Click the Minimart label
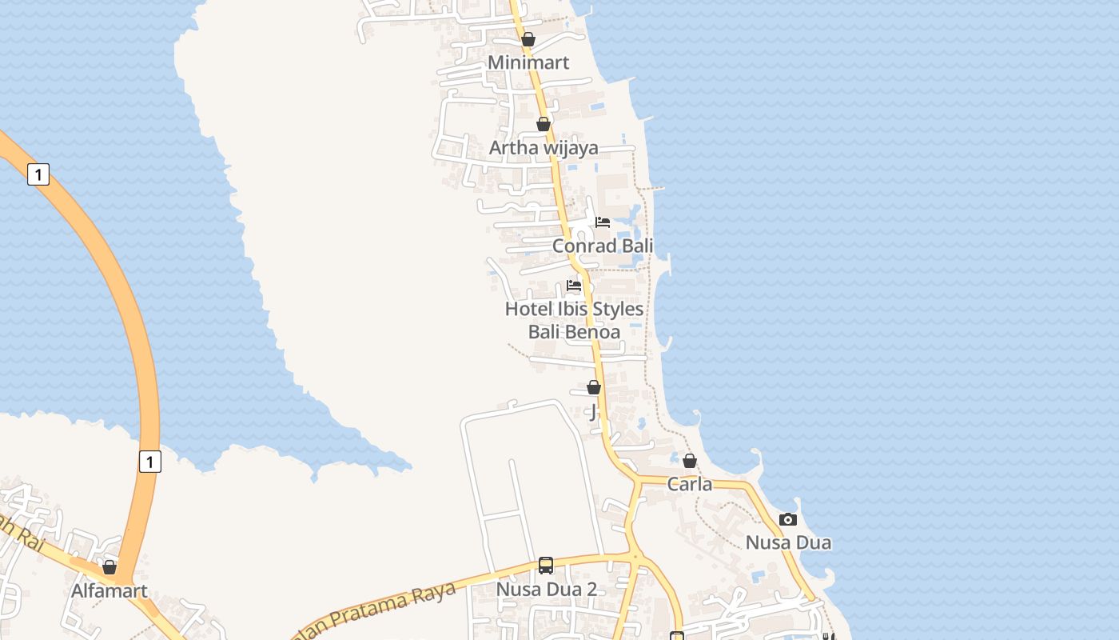(x=528, y=62)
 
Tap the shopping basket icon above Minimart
(x=528, y=39)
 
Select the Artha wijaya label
(x=544, y=148)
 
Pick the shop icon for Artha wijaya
(x=544, y=124)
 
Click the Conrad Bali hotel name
(x=603, y=246)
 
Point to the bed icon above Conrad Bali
(x=603, y=222)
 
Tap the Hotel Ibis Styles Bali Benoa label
(x=574, y=320)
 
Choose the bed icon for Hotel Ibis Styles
(x=574, y=285)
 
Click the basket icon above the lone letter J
(x=594, y=387)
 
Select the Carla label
(x=690, y=484)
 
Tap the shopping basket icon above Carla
(x=690, y=461)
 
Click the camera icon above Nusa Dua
(x=788, y=519)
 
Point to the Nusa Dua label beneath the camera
(x=788, y=542)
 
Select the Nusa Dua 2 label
(x=547, y=590)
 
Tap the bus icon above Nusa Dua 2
(x=546, y=566)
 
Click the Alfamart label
(x=110, y=591)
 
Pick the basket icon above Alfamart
(x=110, y=567)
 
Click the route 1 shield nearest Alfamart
(x=149, y=461)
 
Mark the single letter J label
(x=593, y=412)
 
